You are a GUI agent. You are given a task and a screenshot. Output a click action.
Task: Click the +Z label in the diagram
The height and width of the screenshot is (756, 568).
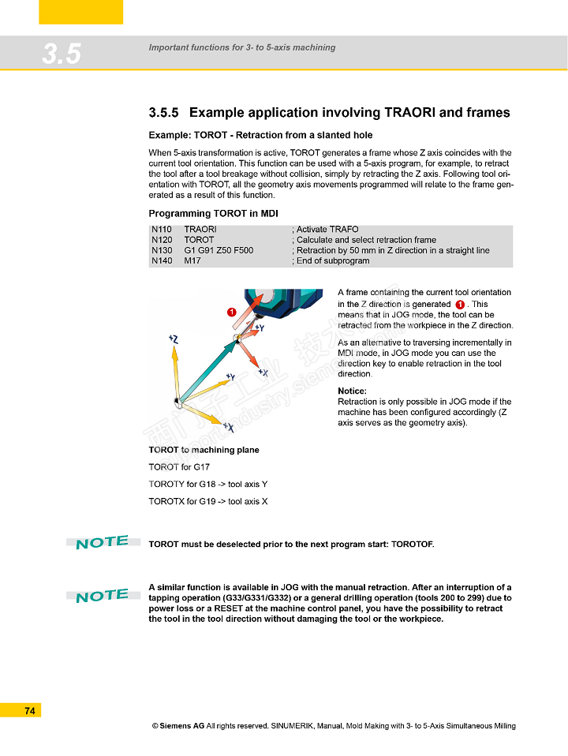pyautogui.click(x=174, y=339)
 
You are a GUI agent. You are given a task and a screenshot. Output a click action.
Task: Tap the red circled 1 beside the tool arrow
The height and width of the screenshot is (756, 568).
pyautogui.click(x=232, y=313)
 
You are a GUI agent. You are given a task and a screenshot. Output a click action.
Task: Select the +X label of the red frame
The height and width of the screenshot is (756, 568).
pyautogui.click(x=263, y=372)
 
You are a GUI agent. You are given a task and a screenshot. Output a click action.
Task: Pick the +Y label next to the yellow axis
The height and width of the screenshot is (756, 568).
pyautogui.click(x=230, y=377)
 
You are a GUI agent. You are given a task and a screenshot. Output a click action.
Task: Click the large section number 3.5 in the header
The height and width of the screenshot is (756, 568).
pyautogui.click(x=62, y=54)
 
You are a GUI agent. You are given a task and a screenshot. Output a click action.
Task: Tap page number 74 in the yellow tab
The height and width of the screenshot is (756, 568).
pyautogui.click(x=30, y=711)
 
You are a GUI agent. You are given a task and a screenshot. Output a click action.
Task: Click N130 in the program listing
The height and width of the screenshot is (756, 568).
pyautogui.click(x=162, y=250)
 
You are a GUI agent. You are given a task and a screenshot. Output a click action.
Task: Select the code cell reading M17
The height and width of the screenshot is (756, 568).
pyautogui.click(x=192, y=260)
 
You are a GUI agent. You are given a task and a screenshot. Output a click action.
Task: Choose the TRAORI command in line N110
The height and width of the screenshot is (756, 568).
pyautogui.click(x=200, y=230)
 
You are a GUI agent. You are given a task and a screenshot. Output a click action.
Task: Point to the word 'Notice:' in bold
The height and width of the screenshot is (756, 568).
pyautogui.click(x=352, y=391)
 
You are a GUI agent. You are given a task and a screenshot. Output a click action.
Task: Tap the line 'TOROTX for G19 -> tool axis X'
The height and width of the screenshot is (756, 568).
pyautogui.click(x=208, y=501)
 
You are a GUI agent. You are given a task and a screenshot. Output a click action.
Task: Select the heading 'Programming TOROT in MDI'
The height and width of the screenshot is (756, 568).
pyautogui.click(x=213, y=214)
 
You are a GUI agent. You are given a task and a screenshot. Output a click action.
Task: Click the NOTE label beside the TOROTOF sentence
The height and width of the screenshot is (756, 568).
pyautogui.click(x=103, y=542)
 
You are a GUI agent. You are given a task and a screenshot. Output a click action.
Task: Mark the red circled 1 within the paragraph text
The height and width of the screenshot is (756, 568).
pyautogui.click(x=460, y=305)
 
